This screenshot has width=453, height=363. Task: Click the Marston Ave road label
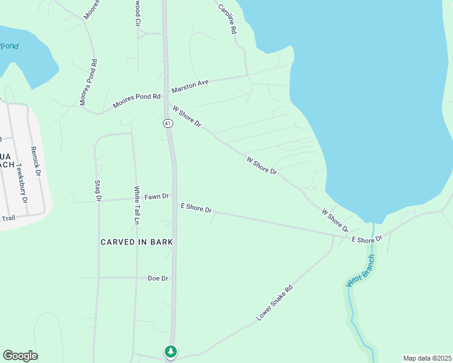(190, 86)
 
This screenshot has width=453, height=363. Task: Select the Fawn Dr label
(157, 196)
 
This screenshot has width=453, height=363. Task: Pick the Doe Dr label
(157, 278)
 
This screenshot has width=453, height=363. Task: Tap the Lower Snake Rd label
(274, 303)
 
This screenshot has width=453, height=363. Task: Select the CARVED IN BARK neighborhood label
(137, 242)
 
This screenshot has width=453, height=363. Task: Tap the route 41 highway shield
(168, 123)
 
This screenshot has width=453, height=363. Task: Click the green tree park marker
(171, 351)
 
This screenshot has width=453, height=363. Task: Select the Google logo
(20, 356)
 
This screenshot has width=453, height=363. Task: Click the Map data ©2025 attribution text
(427, 358)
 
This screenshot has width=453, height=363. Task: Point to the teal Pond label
(9, 46)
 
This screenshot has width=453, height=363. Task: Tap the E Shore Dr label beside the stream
(368, 239)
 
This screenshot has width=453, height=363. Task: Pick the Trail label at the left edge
(7, 218)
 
